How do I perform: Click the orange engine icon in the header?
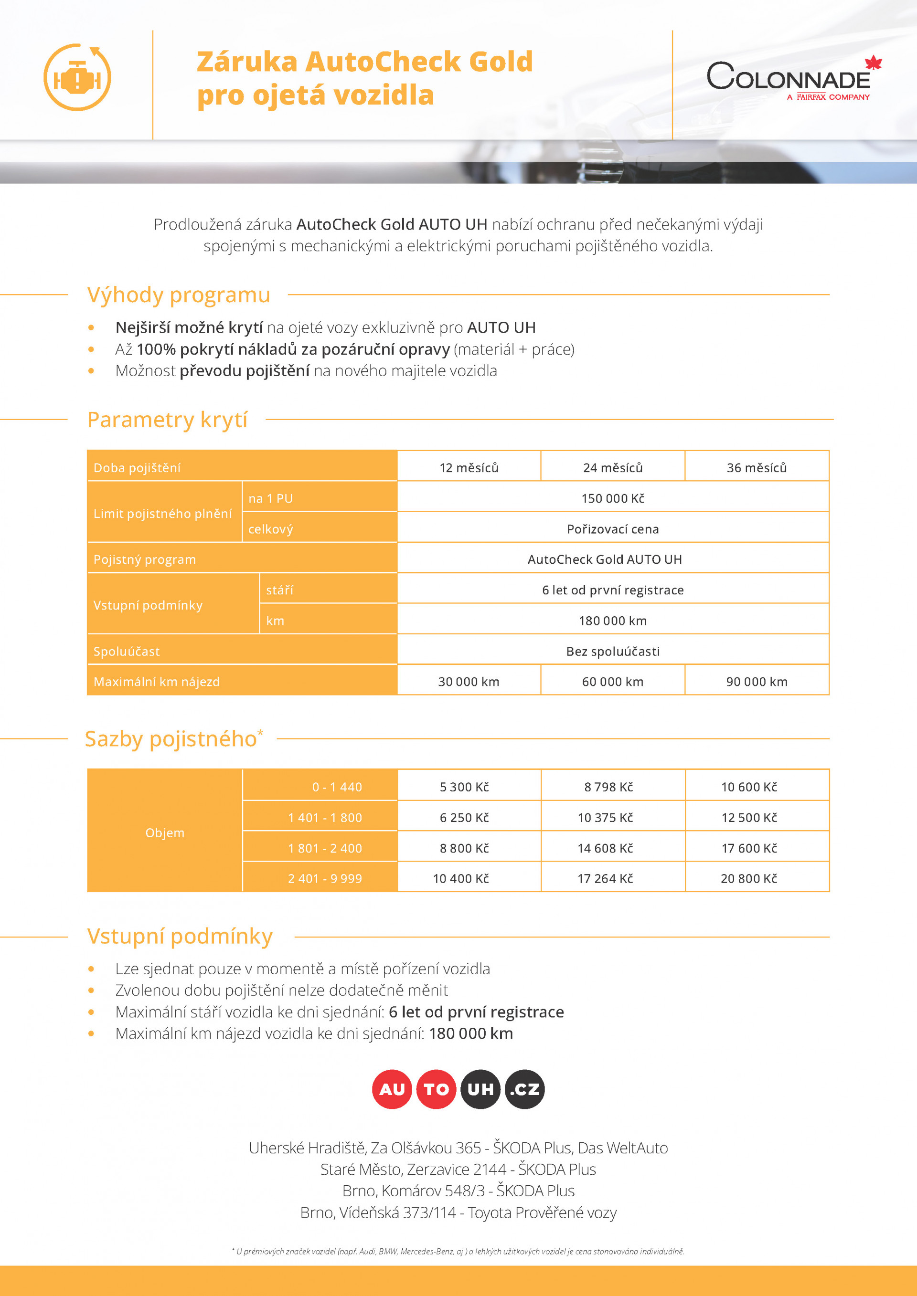click(77, 78)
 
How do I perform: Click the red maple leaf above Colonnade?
click(873, 63)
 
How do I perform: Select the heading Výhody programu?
click(179, 295)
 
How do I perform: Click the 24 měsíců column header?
click(613, 467)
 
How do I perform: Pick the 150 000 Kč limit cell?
click(613, 498)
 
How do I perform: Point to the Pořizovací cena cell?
click(613, 529)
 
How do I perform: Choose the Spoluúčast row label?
click(127, 652)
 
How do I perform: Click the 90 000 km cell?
click(757, 682)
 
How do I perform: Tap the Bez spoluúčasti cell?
click(613, 652)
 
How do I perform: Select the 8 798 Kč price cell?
click(608, 787)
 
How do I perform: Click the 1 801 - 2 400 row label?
click(325, 848)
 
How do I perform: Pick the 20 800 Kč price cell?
click(749, 878)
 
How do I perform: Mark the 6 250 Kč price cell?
click(464, 817)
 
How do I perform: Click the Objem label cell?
click(164, 832)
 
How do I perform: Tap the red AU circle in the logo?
click(392, 1089)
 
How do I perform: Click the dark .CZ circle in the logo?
click(524, 1089)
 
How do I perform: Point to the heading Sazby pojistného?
click(171, 739)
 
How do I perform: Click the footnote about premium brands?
click(458, 1252)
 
